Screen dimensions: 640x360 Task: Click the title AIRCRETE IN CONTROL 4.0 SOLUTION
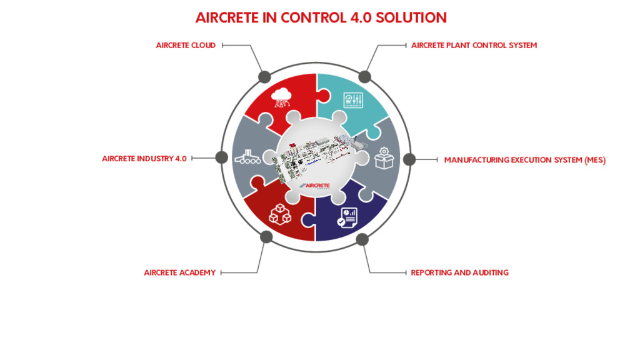(321, 17)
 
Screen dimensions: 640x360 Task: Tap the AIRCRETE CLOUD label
(186, 45)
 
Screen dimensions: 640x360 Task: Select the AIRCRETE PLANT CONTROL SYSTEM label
(474, 45)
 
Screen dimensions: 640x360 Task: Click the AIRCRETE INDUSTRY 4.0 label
(144, 158)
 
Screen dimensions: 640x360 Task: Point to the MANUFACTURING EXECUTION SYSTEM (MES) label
(525, 160)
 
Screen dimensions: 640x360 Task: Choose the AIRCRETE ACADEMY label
(179, 272)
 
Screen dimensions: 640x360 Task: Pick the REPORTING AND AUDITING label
(459, 272)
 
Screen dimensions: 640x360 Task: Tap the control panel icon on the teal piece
(353, 101)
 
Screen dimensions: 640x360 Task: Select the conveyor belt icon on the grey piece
(247, 157)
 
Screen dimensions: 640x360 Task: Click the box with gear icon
(384, 158)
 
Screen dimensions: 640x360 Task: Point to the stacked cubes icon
(280, 214)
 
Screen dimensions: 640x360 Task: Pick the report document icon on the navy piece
(347, 217)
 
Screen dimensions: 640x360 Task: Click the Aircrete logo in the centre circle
(315, 186)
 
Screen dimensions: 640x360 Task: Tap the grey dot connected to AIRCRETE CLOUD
(264, 77)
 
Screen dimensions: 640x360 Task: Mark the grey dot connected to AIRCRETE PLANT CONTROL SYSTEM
(364, 76)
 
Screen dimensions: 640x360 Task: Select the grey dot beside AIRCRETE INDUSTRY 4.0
(222, 157)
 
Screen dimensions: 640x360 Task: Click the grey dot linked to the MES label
(409, 159)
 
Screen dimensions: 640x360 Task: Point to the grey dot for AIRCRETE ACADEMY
(266, 237)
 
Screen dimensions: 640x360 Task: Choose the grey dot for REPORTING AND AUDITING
(362, 239)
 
